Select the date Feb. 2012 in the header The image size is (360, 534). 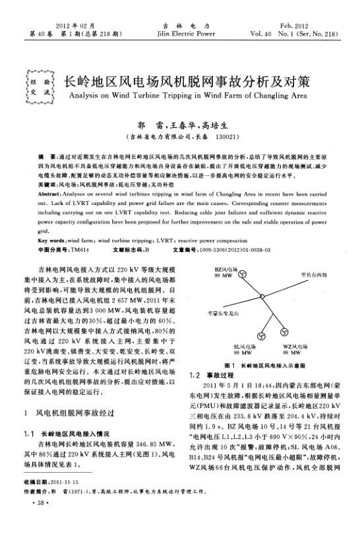[x=318, y=23]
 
